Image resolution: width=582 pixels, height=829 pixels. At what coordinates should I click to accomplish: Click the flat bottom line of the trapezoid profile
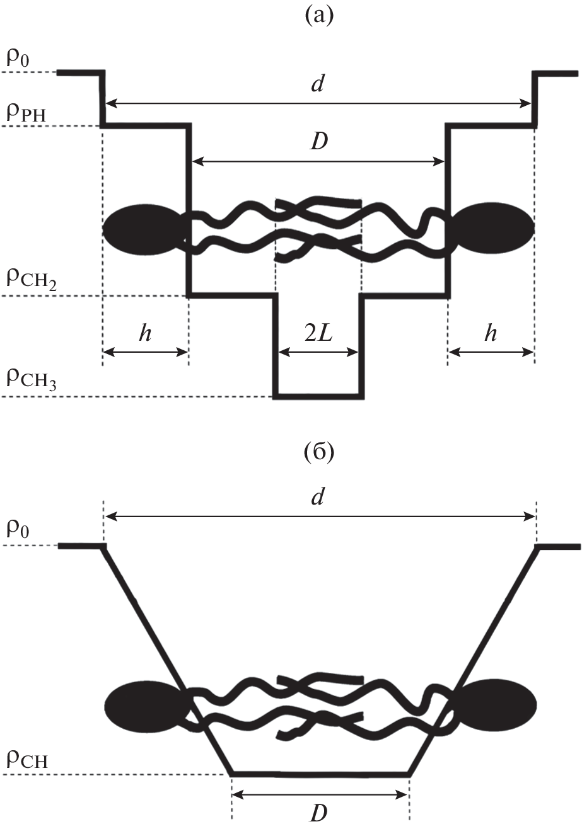[320, 773]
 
